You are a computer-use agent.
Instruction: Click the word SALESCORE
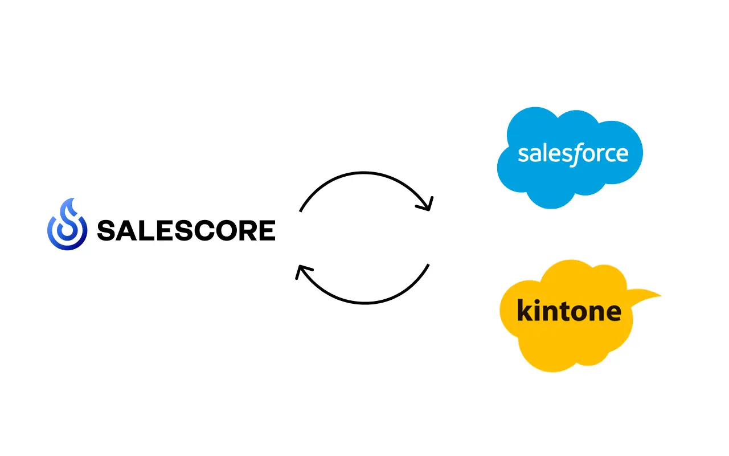[x=186, y=231]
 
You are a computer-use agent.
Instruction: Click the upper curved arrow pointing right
[x=364, y=173]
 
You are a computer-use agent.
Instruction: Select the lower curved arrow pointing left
[x=364, y=303]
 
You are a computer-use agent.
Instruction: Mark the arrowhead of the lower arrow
[x=302, y=271]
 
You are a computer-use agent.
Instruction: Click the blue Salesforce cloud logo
[x=570, y=158]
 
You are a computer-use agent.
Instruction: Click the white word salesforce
[x=573, y=154]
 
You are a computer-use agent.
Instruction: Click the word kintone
[x=569, y=310]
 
